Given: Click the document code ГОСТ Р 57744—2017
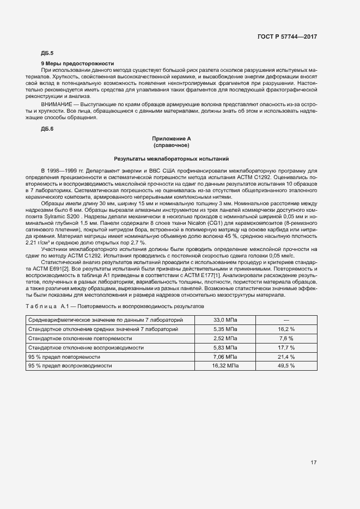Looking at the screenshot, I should tap(287, 36).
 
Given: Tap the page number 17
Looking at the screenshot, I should tap(314, 463).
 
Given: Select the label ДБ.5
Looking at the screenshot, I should tap(47, 53).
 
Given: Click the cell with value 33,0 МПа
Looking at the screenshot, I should tap(225, 320).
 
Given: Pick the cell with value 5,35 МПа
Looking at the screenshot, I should tap(225, 329).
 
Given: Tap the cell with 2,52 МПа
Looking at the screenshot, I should tap(225, 338).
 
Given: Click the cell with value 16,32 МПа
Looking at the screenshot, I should tap(225, 366).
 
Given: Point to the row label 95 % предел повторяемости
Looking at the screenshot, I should tap(64, 357).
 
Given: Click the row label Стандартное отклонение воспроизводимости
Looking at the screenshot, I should tap(86, 347).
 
